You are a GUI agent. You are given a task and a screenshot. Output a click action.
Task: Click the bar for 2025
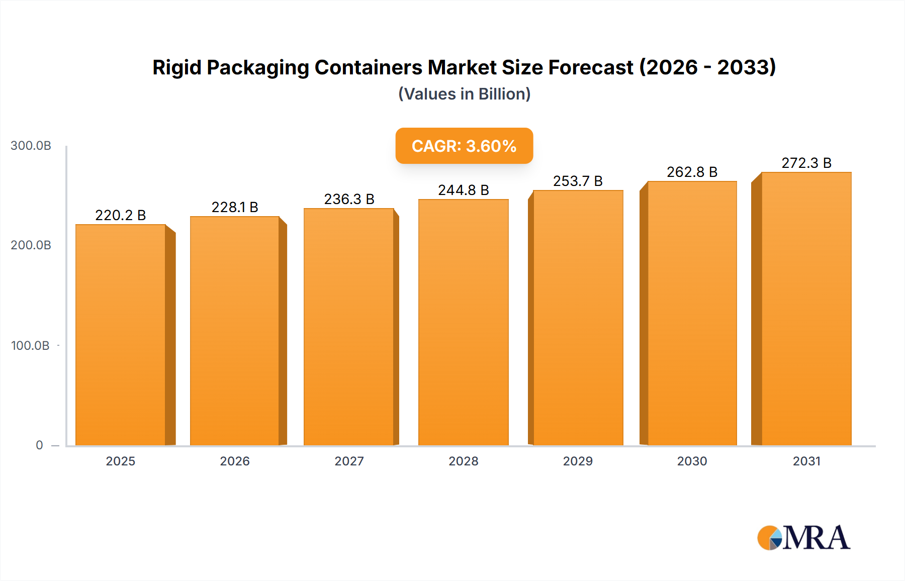point(121,335)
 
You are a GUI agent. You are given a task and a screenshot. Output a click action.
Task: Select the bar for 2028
point(463,322)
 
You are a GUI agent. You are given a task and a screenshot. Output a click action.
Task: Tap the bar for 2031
point(806,309)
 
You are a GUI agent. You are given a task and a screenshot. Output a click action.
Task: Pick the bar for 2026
point(235,331)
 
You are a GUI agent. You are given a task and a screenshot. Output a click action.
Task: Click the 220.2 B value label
point(121,215)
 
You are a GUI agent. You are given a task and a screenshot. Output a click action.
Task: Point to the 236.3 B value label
point(349,199)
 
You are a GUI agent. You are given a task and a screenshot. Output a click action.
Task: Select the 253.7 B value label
point(578,181)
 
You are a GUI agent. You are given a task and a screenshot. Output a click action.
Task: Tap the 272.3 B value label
point(806,163)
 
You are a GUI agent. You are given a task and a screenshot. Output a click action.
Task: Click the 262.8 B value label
point(692,172)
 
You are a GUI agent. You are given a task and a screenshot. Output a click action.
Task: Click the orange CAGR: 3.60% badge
point(464,146)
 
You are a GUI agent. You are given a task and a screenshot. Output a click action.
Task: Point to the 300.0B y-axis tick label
point(31,146)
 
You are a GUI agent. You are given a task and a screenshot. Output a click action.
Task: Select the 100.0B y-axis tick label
point(30,345)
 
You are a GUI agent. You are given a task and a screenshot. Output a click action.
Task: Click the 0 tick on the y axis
point(39,445)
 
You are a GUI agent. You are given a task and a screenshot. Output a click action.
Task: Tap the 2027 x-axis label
point(349,461)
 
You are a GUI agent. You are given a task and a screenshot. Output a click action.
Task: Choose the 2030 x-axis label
point(692,461)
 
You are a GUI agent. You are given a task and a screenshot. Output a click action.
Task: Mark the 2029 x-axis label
point(578,461)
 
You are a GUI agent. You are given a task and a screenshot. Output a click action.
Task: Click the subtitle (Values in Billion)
point(464,94)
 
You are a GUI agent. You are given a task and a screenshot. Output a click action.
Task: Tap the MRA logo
point(803,538)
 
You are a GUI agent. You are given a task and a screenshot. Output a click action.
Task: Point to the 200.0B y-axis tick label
point(31,245)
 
